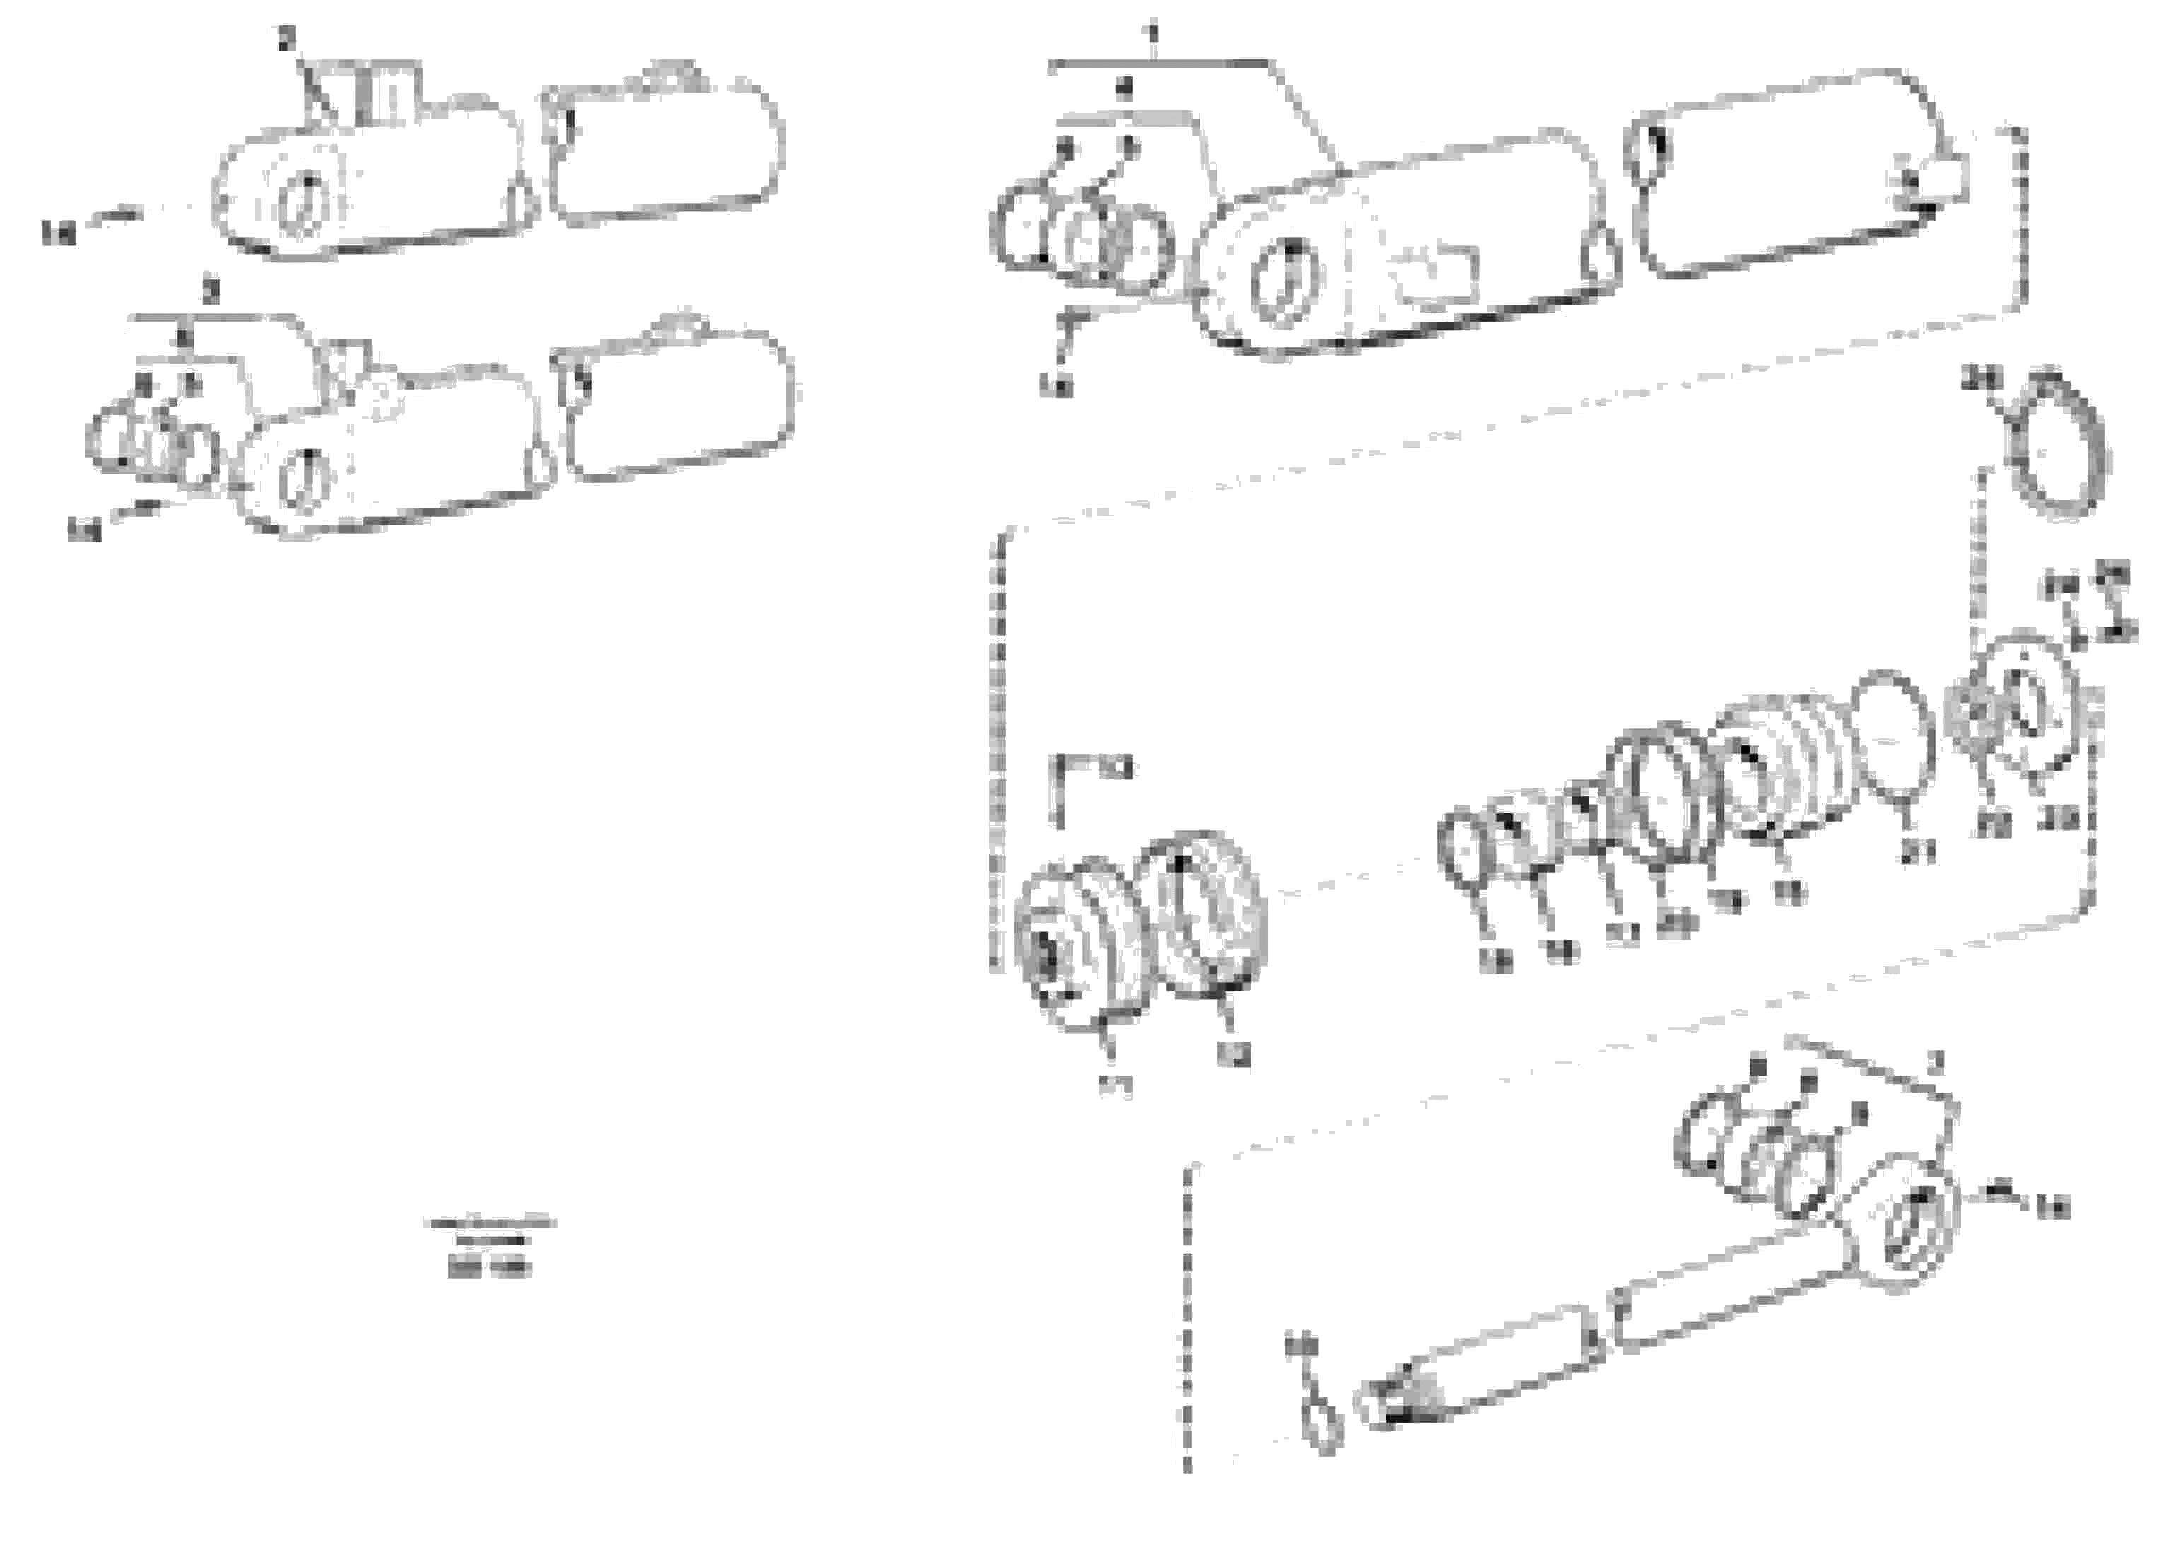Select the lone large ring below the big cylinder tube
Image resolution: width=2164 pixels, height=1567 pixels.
[x=2055, y=448]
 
